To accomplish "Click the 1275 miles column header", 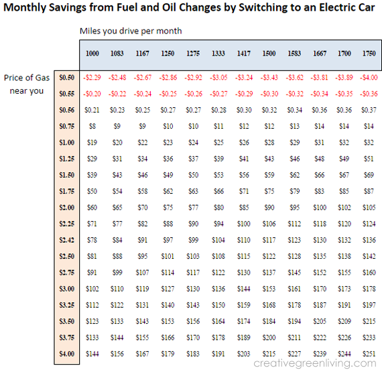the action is pos(193,54).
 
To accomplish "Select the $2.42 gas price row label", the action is pos(67,240).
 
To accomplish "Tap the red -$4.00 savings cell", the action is pos(369,78).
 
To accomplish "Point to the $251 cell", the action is pos(369,354).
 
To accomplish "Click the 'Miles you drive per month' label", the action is pos(131,31).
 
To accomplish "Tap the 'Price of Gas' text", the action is pos(27,78).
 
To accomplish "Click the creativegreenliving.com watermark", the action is pos(315,363).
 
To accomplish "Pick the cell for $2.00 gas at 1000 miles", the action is pos(92,207).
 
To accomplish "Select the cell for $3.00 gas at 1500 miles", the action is pos(269,289).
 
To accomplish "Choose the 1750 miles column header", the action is pos(369,54).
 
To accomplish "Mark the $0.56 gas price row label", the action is pos(67,110).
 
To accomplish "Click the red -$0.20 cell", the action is pos(92,94).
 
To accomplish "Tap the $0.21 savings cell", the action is pos(92,110).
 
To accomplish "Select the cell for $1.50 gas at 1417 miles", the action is pos(244,175).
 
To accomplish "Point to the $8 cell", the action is pos(92,126).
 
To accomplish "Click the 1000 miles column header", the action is pos(92,54).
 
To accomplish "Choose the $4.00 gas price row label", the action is pos(67,354).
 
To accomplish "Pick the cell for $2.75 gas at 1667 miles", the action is pos(320,273).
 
